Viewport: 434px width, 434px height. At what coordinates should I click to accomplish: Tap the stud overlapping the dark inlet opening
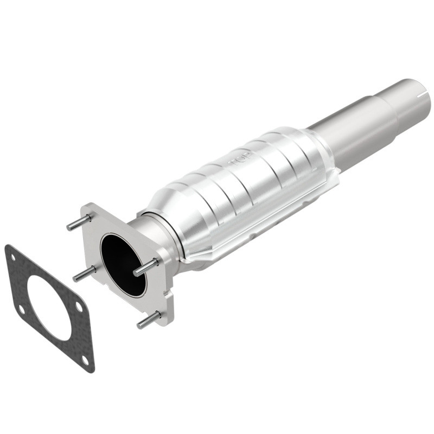(x=145, y=267)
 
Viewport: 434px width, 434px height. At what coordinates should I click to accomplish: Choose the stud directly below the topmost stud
(x=84, y=273)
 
